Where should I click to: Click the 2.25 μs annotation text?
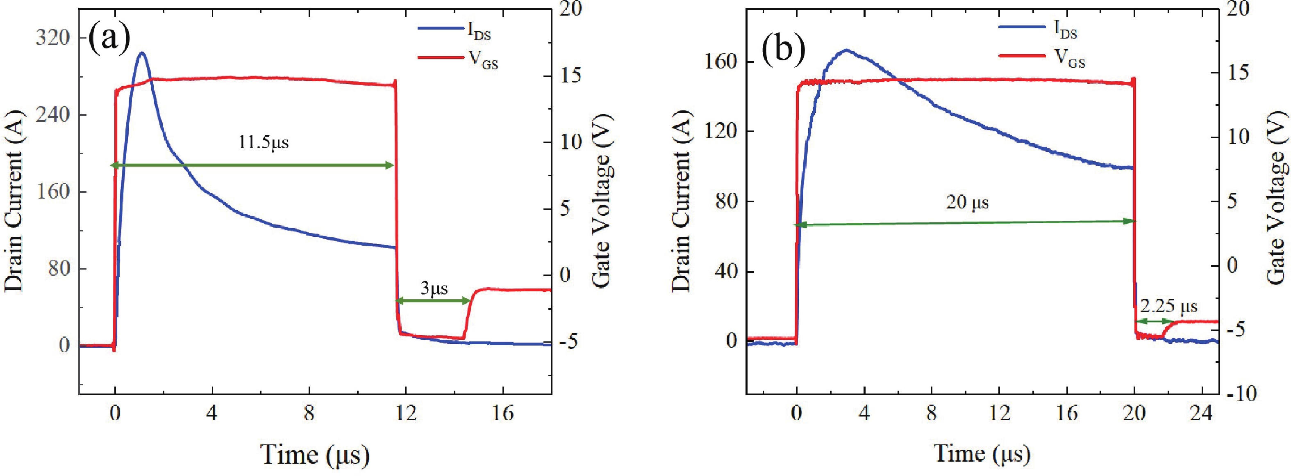click(x=1168, y=307)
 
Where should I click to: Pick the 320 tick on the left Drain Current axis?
click(x=52, y=38)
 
